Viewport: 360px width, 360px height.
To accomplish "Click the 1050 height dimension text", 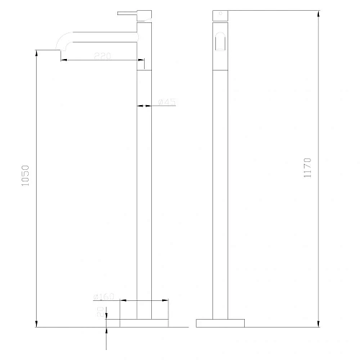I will pos(27,176).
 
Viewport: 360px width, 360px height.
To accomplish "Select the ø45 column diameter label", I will pos(168,103).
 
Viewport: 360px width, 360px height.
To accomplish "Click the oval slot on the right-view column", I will pos(221,42).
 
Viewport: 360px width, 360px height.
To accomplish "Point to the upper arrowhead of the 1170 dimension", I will pos(318,13).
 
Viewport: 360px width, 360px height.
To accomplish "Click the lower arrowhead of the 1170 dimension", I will pos(318,324).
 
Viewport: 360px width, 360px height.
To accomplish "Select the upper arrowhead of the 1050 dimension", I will pos(36,53).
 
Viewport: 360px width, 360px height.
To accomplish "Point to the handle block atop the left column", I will pos(145,14).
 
